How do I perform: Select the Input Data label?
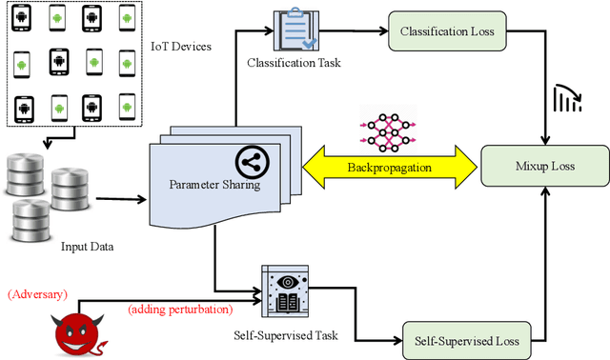coord(88,247)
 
